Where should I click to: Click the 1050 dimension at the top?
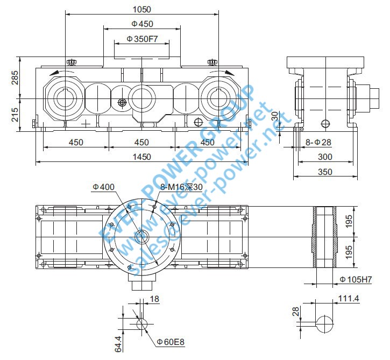coord(142,9)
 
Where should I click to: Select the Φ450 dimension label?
coord(142,24)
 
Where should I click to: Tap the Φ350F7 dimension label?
coord(142,39)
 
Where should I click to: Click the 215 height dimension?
coord(15,114)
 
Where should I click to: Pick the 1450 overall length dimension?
coord(142,157)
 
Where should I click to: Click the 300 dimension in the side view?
coord(325,157)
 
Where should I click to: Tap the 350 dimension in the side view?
coord(325,172)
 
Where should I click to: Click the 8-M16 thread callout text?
coord(181,187)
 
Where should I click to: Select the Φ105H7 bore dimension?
coord(357,279)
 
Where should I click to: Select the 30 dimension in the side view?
coord(275,116)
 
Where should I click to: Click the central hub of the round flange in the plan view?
coord(142,236)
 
